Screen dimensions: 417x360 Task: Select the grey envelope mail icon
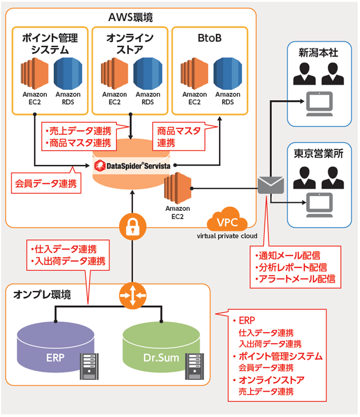(x=271, y=184)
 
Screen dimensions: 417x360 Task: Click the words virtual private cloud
(x=227, y=235)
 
